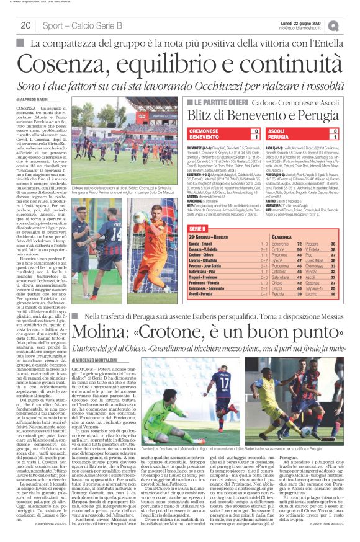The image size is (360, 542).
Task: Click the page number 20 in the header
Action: (26, 25)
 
